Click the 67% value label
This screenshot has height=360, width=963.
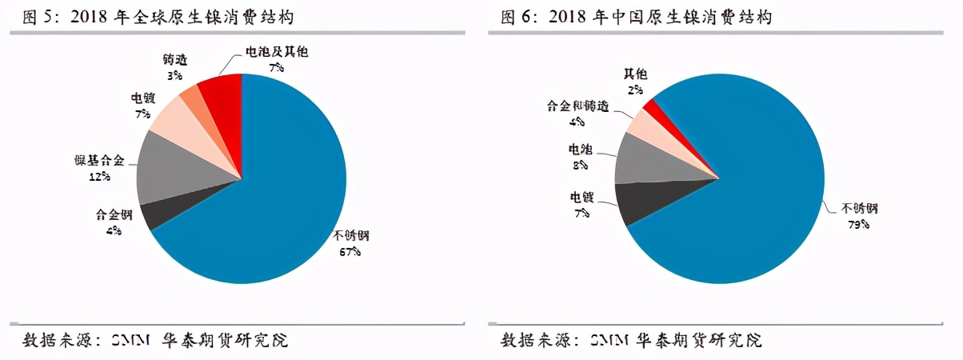[x=349, y=251]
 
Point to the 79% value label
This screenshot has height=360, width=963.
[x=858, y=224]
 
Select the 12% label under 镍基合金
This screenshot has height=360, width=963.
[x=101, y=175]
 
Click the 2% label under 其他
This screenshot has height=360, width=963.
[x=635, y=90]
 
